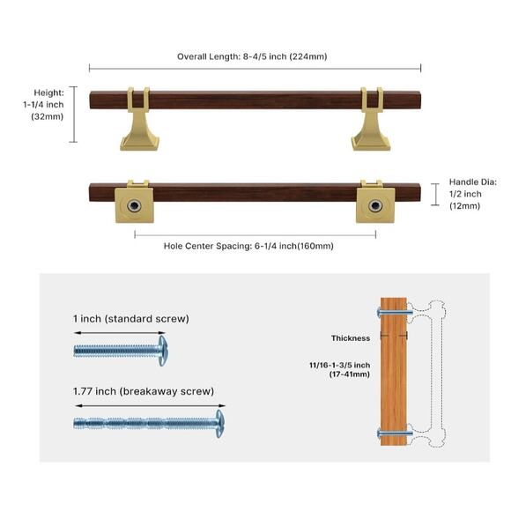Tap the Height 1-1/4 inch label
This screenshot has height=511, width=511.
[x=45, y=104]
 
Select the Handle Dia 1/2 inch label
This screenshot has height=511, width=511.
[x=471, y=194]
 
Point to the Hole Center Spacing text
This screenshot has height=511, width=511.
[x=248, y=246]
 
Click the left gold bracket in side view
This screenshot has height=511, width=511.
[x=139, y=121]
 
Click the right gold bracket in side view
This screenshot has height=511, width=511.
[x=370, y=121]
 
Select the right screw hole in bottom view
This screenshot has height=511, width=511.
[x=374, y=205]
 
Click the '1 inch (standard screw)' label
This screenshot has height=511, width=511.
[x=131, y=318]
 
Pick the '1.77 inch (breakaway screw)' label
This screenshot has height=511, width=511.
[x=144, y=390]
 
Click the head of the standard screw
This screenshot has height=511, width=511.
[x=161, y=350]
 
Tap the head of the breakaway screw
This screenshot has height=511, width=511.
[x=219, y=422]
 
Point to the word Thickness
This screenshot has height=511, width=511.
[x=351, y=337]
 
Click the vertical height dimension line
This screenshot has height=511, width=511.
[x=74, y=115]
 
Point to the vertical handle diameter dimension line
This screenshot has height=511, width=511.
[x=433, y=194]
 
